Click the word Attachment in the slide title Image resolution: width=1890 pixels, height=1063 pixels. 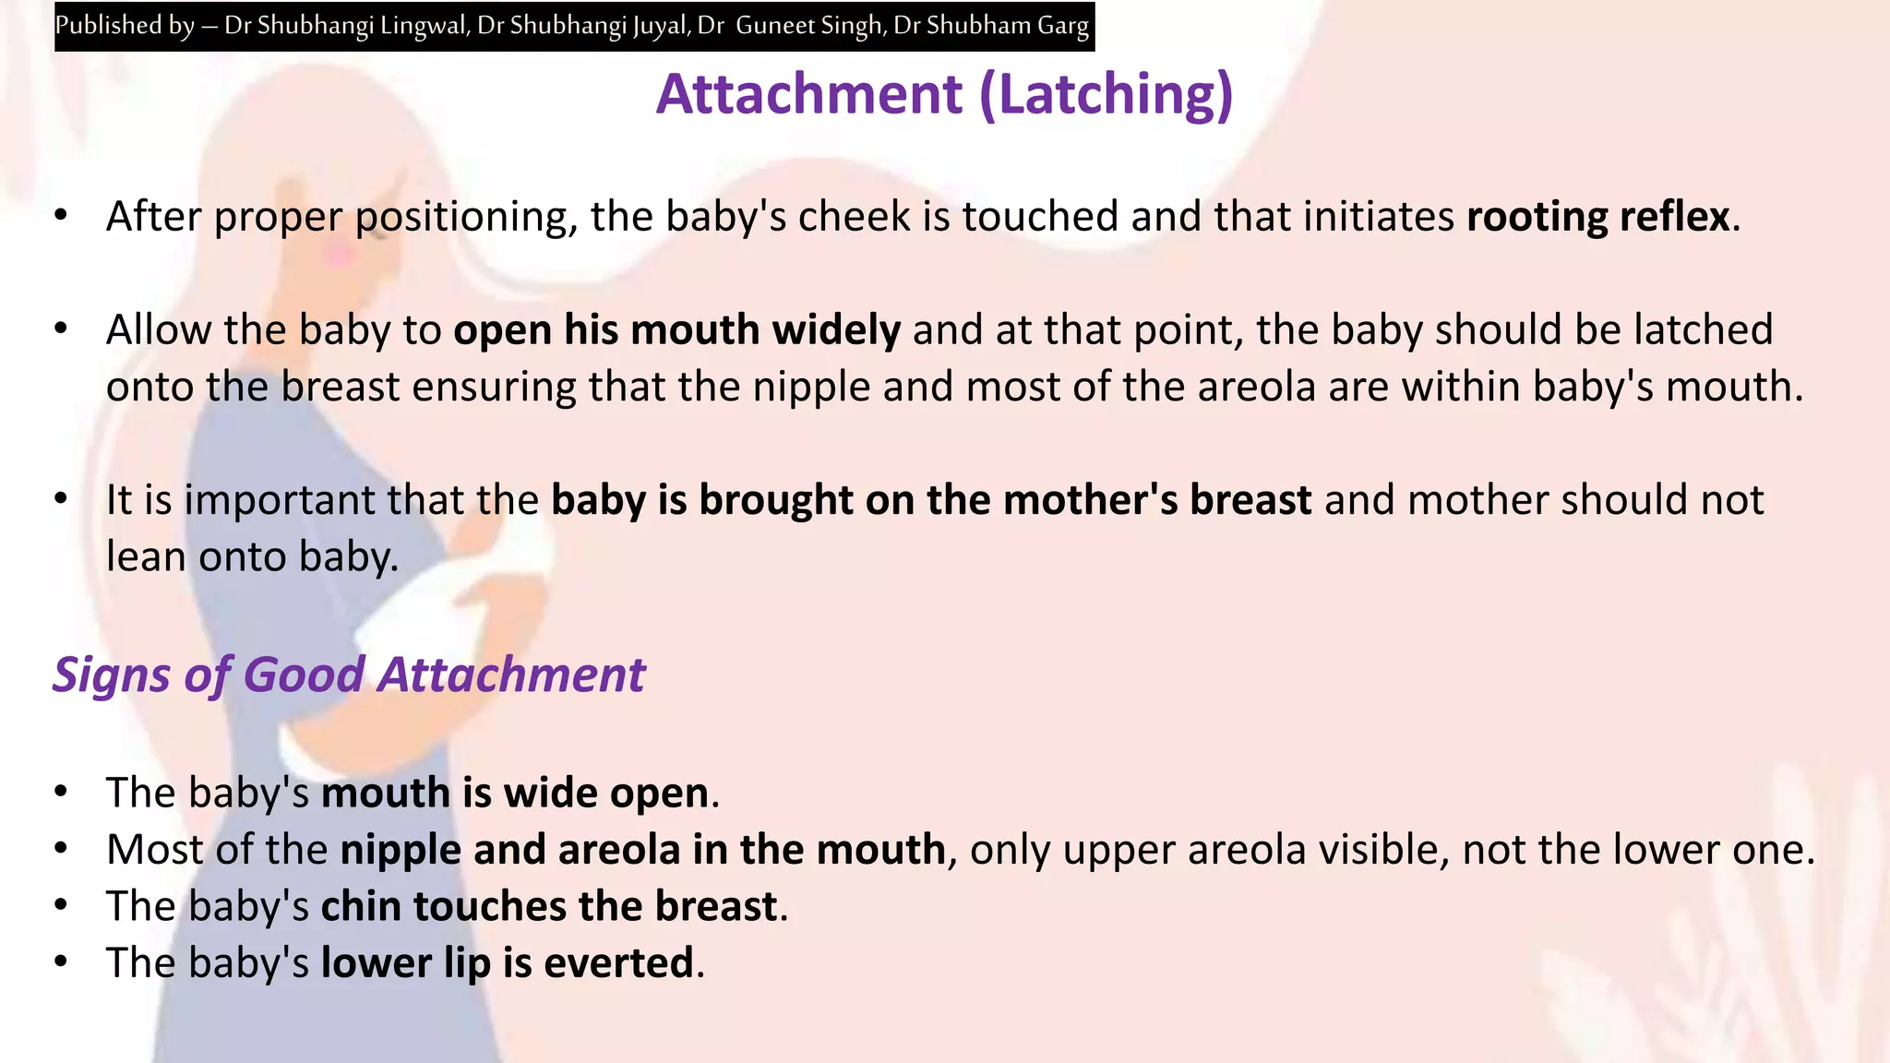809,94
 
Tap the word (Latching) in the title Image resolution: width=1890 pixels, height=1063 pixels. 1106,94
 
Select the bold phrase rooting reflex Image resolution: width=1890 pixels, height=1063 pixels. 1597,217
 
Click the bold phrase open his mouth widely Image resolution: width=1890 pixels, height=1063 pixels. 676,330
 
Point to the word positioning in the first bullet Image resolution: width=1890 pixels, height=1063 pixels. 466,217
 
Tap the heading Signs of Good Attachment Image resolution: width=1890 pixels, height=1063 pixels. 349,675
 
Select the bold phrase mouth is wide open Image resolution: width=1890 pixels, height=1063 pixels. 515,793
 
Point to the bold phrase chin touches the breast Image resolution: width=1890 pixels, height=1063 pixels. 549,906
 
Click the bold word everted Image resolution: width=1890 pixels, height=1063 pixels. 618,963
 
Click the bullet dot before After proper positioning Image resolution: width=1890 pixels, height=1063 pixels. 61,216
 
